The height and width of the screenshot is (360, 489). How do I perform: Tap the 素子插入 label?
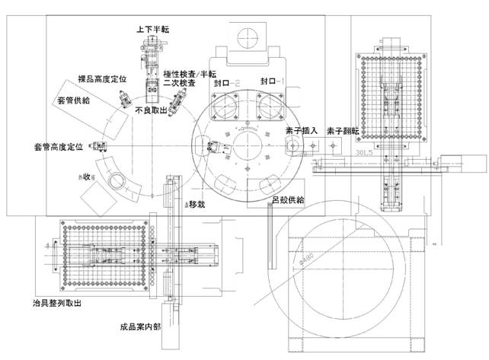[x=301, y=130]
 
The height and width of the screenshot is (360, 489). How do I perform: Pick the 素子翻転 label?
[x=341, y=130]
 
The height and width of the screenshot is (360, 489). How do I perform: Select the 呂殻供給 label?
[x=288, y=200]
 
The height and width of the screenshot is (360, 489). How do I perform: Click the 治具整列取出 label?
[x=53, y=302]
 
